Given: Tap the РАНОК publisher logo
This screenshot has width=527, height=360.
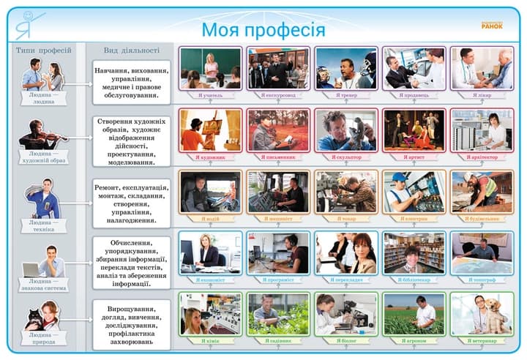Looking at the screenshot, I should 492,24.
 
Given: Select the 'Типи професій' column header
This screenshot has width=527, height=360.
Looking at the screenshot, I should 44,50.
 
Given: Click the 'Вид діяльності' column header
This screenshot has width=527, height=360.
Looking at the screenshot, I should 132,50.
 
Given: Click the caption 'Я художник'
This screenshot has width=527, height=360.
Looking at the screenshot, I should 210,157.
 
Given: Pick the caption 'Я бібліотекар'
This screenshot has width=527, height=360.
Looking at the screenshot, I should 414,280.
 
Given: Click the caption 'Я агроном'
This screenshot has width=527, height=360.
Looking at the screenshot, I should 414,340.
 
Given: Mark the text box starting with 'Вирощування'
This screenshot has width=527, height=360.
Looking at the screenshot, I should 132,325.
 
